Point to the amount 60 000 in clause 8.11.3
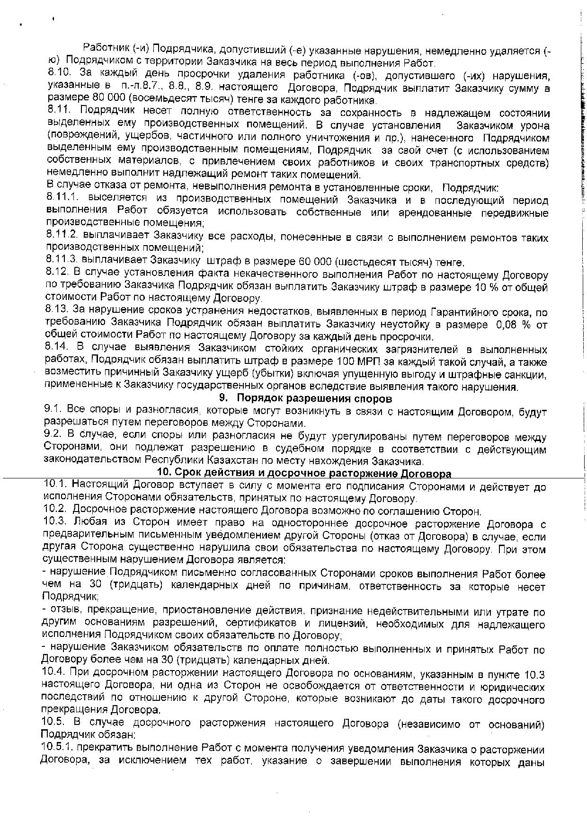[314, 262]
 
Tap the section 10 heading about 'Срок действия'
[304, 473]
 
